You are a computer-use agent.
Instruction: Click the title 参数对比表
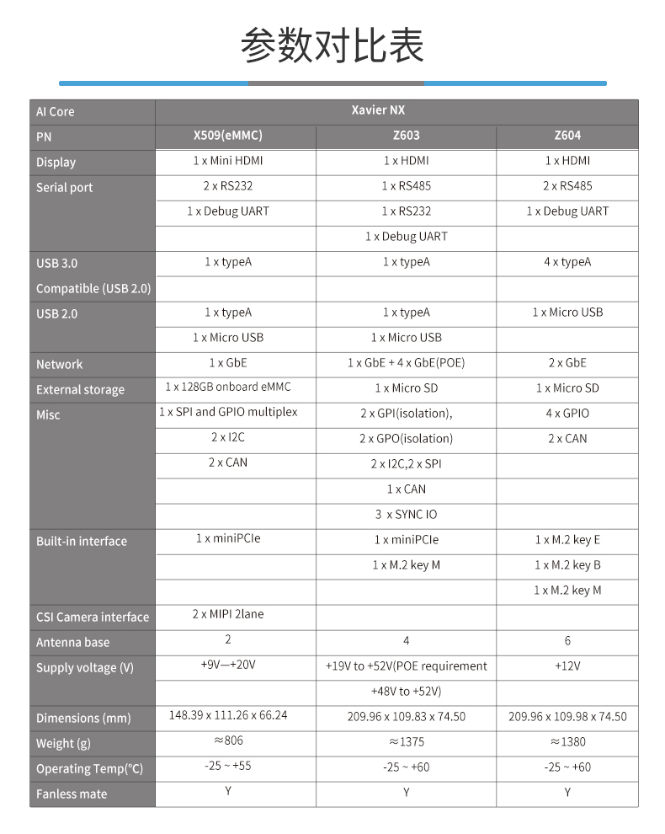pyautogui.click(x=332, y=45)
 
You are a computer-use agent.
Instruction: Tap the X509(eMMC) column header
pyautogui.click(x=227, y=136)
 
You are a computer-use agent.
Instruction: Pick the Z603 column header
pyautogui.click(x=406, y=136)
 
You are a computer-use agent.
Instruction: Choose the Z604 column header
pyautogui.click(x=567, y=136)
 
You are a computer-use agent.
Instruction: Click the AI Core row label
pyautogui.click(x=56, y=111)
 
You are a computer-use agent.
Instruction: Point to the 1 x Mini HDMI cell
pyautogui.click(x=227, y=160)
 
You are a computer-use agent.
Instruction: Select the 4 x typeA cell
pyautogui.click(x=567, y=262)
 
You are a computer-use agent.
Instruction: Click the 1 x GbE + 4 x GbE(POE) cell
pyautogui.click(x=406, y=363)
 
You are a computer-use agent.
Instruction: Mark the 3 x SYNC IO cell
pyautogui.click(x=406, y=515)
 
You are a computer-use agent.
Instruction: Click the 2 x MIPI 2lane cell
pyautogui.click(x=227, y=615)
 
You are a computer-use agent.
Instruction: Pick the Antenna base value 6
pyautogui.click(x=567, y=641)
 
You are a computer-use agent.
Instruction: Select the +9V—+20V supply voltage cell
pyautogui.click(x=227, y=665)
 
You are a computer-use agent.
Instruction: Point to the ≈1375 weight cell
pyautogui.click(x=406, y=742)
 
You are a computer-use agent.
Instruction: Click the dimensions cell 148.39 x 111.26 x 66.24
pyautogui.click(x=227, y=715)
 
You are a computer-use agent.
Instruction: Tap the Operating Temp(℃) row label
pyautogui.click(x=89, y=768)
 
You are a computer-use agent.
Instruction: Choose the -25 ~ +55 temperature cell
pyautogui.click(x=227, y=766)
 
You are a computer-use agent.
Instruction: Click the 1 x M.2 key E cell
pyautogui.click(x=567, y=540)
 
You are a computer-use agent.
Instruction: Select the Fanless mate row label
pyautogui.click(x=72, y=794)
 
